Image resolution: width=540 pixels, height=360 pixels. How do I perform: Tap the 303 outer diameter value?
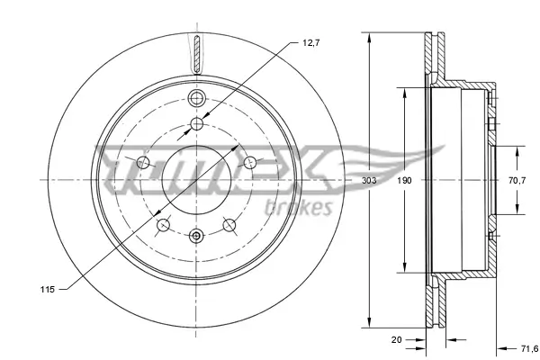click(x=369, y=180)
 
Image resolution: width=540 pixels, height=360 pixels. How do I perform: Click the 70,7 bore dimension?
click(x=517, y=180)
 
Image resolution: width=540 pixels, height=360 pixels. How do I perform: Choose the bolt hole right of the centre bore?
click(x=252, y=162)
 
